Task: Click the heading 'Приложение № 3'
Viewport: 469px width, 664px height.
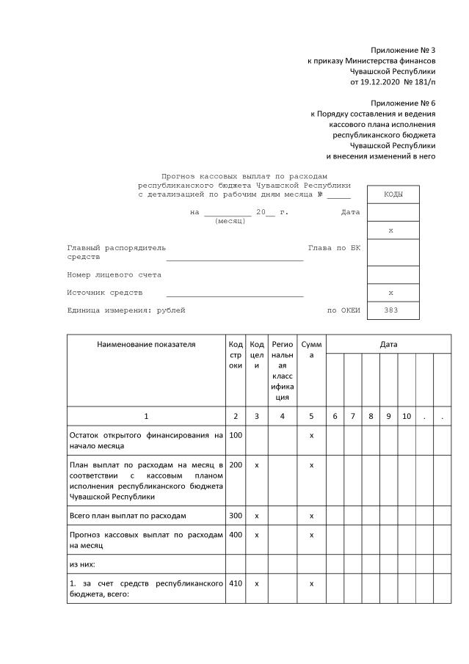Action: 403,49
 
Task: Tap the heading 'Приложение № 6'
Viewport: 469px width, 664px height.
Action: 403,103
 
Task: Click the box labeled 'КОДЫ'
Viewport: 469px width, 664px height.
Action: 393,195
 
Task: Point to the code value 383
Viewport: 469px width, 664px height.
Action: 393,310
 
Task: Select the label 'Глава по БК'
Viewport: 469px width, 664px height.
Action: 334,248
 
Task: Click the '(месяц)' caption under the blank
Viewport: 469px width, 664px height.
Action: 230,222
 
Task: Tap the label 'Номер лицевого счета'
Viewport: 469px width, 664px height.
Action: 114,275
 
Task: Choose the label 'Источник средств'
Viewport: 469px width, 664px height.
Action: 104,293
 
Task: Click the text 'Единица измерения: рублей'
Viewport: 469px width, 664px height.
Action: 126,310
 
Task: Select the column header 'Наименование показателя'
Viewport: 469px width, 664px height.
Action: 146,344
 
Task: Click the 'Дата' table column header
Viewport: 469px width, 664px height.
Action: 388,344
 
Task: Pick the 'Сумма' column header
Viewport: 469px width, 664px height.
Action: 311,349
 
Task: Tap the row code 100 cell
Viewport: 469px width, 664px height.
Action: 235,436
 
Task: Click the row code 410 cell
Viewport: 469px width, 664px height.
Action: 235,583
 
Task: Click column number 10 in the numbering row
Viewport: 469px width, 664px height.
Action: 406,417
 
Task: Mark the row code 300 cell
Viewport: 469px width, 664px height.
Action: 235,516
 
